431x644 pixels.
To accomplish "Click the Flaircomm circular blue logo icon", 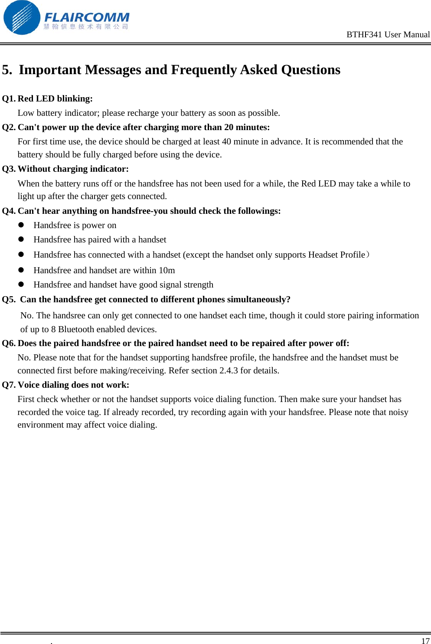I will point(22,18).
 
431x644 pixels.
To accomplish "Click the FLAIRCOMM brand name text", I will point(87,17).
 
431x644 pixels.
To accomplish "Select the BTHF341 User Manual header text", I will point(388,35).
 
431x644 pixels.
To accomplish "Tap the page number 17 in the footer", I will point(425,641).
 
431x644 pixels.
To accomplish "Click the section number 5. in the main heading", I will point(7,70).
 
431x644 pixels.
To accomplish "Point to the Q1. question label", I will point(9,98).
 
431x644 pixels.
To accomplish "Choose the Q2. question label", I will point(9,127).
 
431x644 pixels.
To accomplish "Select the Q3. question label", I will point(9,169).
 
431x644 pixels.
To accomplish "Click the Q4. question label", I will point(9,211).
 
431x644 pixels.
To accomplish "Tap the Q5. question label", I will point(9,299).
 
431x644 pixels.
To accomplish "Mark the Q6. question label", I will point(9,343).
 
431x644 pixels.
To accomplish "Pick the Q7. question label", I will point(9,385).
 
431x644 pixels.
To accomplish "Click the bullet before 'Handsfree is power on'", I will point(21,225).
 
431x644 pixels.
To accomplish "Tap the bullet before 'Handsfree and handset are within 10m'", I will point(21,270).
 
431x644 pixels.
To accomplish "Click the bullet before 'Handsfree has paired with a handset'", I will point(21,239).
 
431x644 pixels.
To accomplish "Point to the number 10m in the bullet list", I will point(167,270).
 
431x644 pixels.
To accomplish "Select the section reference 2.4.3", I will point(229,370).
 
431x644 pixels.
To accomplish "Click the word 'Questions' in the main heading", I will point(310,70).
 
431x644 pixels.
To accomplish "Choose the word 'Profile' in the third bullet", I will point(352,255).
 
